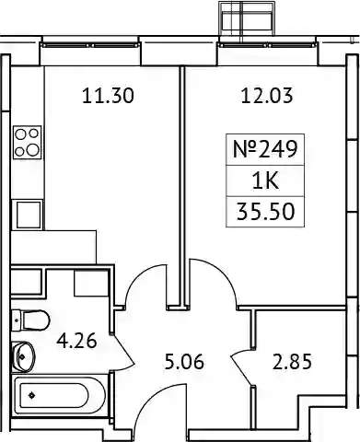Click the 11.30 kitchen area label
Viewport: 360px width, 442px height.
point(108,96)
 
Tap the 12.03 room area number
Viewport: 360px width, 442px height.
point(267,96)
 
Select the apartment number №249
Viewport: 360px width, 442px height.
point(265,149)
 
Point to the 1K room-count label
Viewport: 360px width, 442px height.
point(265,180)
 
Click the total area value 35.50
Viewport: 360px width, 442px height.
point(266,212)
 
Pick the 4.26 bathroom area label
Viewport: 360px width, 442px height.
point(76,341)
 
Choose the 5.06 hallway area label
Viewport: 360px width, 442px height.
point(184,362)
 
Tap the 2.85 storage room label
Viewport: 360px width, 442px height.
point(292,361)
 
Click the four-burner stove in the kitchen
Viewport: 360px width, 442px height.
point(27,143)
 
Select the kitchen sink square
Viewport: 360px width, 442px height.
point(28,215)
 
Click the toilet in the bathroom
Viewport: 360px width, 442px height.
point(30,320)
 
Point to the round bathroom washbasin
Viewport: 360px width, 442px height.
point(23,356)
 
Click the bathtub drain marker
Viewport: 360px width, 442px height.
point(31,396)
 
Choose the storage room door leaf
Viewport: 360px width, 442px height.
point(242,370)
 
